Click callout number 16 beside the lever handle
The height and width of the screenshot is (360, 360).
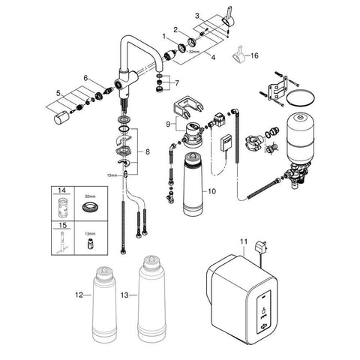(x=254, y=55)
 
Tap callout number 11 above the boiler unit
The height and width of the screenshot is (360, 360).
(x=244, y=241)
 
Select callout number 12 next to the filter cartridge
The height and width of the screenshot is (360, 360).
(x=79, y=295)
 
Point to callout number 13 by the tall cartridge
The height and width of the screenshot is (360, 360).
(x=124, y=295)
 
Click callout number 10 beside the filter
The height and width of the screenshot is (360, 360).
(x=211, y=191)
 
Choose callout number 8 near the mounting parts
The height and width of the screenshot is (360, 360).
(x=148, y=151)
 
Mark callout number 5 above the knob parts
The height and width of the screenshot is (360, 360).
(x=58, y=94)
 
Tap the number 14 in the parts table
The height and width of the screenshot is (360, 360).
(x=61, y=190)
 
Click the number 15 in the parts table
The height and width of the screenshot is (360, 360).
(x=62, y=226)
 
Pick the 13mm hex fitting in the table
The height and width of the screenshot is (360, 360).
(x=90, y=244)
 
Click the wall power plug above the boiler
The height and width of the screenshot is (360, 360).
(x=259, y=247)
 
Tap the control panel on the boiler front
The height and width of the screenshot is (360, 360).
(x=264, y=312)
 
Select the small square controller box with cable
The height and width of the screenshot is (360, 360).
(x=226, y=143)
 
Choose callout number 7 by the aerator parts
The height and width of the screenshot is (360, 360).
(x=177, y=83)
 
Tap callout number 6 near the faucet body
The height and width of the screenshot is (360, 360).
(x=85, y=78)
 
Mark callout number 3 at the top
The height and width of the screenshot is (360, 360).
(x=197, y=16)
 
